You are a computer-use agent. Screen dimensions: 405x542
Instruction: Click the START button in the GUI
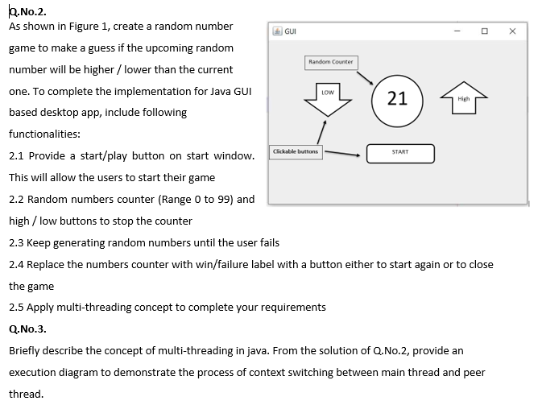click(400, 153)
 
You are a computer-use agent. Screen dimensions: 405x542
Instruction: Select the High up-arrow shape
click(462, 98)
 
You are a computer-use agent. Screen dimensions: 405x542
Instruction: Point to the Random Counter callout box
click(330, 62)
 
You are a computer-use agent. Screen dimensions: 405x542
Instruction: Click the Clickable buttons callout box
click(296, 151)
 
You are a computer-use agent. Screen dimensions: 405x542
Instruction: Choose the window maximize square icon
click(484, 31)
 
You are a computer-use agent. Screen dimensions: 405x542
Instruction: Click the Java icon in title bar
click(276, 31)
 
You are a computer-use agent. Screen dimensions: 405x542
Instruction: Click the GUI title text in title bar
click(288, 31)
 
